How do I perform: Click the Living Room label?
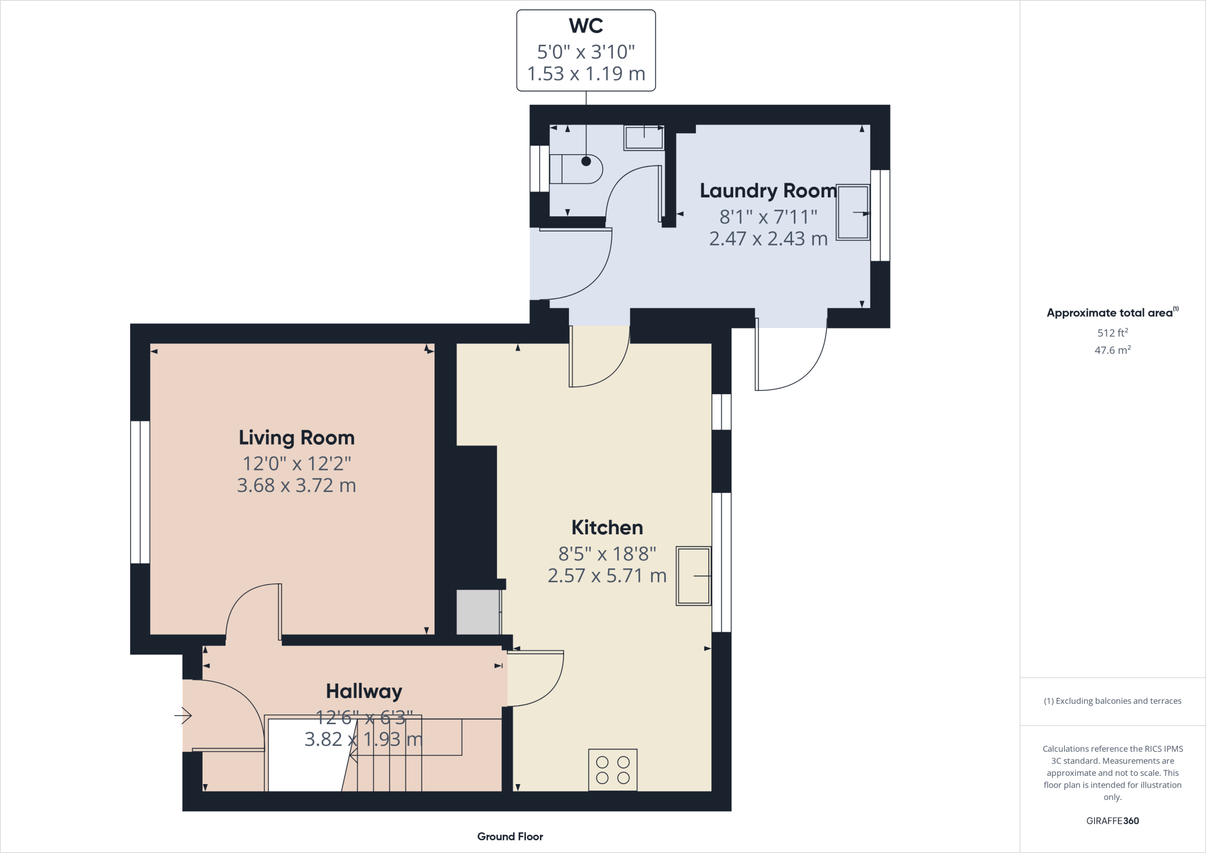pos(297,438)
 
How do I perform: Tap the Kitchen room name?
pos(607,527)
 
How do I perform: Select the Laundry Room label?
pos(768,191)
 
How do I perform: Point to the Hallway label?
pos(364,691)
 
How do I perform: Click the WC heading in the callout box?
pos(586,26)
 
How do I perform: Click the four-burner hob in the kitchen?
pos(613,769)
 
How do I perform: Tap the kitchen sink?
pos(694,576)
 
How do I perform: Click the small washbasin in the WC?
pos(644,138)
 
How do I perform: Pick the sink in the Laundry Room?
pos(853,212)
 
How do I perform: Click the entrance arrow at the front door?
pos(183,716)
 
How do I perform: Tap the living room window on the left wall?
pos(140,492)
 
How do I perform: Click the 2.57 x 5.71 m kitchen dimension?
pos(607,576)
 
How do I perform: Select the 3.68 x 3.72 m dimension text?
pos(297,485)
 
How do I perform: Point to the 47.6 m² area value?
pos(1112,350)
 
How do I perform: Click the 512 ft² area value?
pos(1112,333)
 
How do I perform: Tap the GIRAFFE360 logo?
pos(1112,821)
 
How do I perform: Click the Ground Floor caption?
pos(510,837)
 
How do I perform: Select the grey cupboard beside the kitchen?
pos(479,612)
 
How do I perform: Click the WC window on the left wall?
pos(539,168)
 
